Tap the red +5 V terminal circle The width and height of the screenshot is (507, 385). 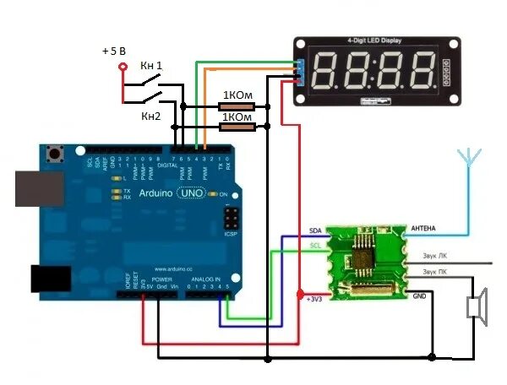point(123,67)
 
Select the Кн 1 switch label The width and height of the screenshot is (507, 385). point(152,67)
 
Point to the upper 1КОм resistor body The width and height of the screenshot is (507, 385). point(234,106)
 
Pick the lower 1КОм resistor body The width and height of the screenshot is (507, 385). point(234,127)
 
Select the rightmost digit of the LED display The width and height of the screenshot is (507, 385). point(421,73)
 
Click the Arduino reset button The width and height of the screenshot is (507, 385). point(58,155)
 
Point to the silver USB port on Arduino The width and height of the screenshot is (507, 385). point(30,187)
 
